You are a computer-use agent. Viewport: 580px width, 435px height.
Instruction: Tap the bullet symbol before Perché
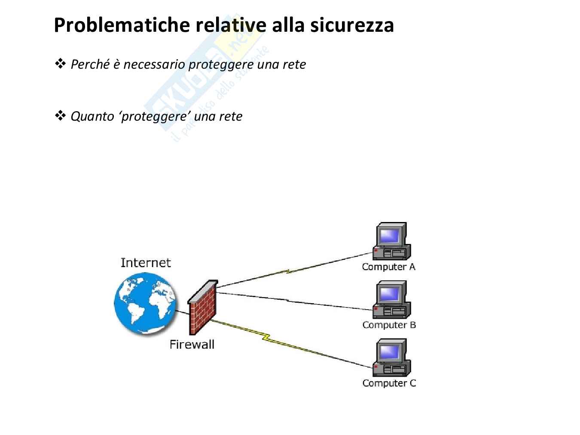60,64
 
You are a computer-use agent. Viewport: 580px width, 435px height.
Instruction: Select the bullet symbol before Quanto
60,116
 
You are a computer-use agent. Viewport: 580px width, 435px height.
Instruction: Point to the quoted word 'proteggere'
155,116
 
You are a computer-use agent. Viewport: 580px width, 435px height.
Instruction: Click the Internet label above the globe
145,263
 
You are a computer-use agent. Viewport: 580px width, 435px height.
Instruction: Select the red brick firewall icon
203,307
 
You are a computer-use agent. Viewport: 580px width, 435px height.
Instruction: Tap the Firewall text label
192,344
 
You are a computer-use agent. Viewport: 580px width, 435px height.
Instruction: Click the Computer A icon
391,241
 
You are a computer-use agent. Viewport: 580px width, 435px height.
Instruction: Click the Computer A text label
388,267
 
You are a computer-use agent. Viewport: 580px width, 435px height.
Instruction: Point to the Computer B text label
389,325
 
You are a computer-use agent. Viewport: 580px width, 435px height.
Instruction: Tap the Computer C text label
389,383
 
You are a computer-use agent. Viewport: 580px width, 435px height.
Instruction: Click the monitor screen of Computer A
390,235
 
